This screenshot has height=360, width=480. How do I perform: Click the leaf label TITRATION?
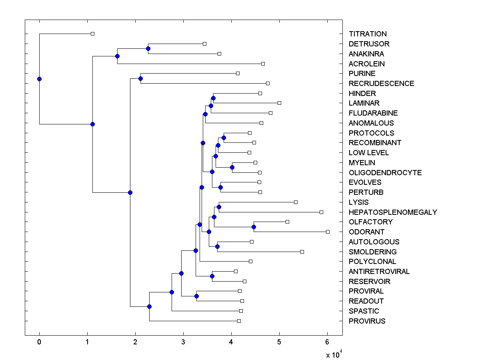(x=368, y=34)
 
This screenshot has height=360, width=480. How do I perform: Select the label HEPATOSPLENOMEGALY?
(x=393, y=212)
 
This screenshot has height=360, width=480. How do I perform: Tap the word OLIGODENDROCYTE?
(x=385, y=172)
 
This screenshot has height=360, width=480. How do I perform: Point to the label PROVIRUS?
(x=367, y=321)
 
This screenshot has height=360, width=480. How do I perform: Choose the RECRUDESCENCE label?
(x=381, y=83)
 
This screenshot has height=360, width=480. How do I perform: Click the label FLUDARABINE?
(x=373, y=113)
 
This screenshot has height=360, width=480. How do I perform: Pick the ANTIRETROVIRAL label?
(x=379, y=272)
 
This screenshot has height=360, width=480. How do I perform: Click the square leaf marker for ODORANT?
(x=328, y=232)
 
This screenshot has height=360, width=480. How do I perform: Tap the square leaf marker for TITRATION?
(x=92, y=34)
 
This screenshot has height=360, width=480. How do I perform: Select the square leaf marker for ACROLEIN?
(x=263, y=64)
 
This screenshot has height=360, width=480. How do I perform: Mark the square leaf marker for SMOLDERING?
(x=302, y=252)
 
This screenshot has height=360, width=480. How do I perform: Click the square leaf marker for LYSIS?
(x=296, y=202)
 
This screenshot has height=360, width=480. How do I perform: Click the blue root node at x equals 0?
(x=39, y=79)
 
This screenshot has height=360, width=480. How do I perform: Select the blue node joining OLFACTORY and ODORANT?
(x=254, y=227)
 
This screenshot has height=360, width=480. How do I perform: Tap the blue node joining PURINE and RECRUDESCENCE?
(x=140, y=78)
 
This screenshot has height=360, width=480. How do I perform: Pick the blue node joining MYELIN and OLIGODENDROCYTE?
(x=232, y=167)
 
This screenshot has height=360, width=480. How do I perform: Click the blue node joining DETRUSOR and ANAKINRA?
(x=148, y=48)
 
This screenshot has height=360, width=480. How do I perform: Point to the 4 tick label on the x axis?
(x=231, y=342)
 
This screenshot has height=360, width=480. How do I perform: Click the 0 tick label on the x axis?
(x=39, y=342)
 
